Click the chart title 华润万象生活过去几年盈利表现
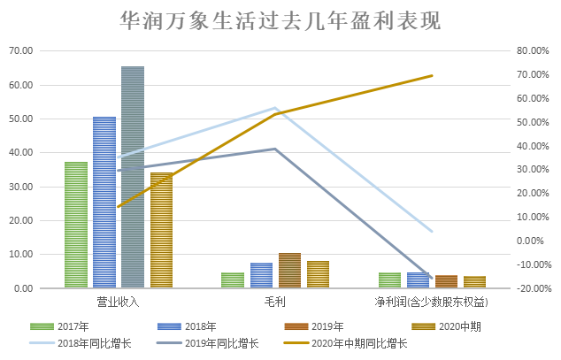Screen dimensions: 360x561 point(280,20)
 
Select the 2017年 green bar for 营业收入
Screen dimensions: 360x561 point(76,225)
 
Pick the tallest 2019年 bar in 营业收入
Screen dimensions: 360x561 point(133,177)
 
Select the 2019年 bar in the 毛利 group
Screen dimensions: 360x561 point(289,271)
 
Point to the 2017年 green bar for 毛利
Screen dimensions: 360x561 point(233,280)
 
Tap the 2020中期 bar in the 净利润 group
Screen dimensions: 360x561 point(475,282)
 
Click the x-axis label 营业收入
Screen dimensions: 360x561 point(119,303)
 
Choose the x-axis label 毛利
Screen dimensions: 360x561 point(275,303)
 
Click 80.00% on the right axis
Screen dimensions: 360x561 point(534,51)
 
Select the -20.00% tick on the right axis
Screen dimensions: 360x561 point(534,288)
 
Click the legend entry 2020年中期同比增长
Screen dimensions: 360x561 point(361,343)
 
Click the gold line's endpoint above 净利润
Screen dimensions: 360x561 point(432,76)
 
